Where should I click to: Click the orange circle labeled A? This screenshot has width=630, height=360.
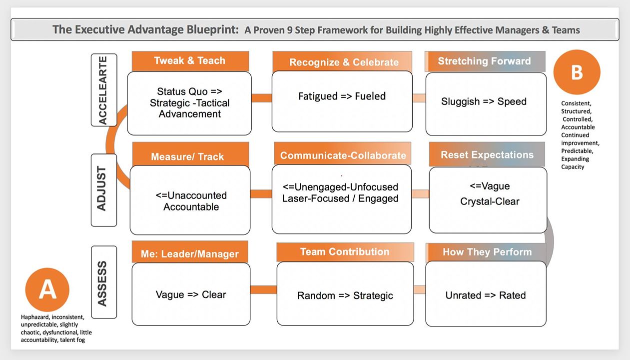click(47, 290)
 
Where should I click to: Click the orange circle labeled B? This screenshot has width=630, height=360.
click(577, 72)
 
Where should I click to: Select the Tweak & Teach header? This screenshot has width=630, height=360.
click(190, 61)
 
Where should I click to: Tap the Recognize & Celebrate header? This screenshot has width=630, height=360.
click(344, 62)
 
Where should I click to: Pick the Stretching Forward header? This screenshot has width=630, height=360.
click(484, 61)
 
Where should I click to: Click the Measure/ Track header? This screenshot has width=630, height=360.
click(187, 156)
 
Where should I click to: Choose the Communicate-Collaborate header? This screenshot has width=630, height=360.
click(343, 155)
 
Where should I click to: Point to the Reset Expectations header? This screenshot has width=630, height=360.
click(487, 155)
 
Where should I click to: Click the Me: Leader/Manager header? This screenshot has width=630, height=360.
click(189, 254)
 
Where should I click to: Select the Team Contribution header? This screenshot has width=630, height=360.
click(345, 252)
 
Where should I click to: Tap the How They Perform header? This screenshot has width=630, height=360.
click(487, 252)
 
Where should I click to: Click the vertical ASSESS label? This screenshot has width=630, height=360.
click(103, 282)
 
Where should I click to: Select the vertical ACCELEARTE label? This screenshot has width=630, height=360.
click(104, 90)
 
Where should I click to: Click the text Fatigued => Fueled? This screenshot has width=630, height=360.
click(342, 96)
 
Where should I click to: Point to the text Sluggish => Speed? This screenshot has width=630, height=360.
click(484, 101)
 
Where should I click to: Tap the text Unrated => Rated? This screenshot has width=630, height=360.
click(486, 295)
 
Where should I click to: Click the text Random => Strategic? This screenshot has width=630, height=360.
click(345, 295)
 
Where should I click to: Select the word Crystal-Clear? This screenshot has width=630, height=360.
click(490, 201)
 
